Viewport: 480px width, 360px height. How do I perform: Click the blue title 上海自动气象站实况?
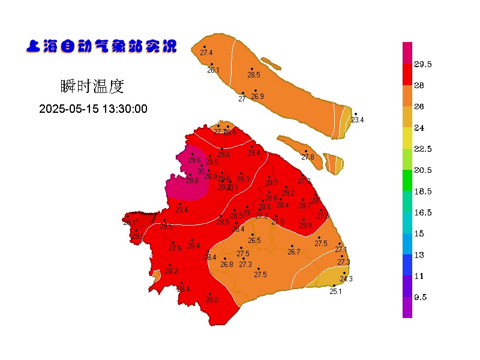[x=101, y=47]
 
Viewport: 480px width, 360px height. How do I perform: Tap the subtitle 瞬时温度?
[x=92, y=86]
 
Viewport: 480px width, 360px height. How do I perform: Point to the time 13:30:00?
[x=125, y=109]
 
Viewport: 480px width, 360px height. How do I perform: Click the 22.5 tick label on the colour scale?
[x=424, y=149]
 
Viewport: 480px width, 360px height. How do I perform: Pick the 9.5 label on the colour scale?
[x=420, y=297]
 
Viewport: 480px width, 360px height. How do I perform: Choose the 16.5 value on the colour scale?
[x=424, y=212]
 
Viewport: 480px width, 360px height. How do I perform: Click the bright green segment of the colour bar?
[x=407, y=180]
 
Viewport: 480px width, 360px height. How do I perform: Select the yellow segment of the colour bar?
[x=407, y=138]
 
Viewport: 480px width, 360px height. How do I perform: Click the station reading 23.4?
[x=357, y=120]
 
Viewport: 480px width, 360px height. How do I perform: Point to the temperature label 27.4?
[x=206, y=53]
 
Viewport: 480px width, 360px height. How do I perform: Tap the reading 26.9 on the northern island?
[x=257, y=97]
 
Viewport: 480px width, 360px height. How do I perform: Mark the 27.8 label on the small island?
[x=308, y=157]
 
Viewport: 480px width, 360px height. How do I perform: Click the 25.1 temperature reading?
[x=335, y=292]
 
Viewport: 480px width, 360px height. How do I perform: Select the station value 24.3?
[x=346, y=279]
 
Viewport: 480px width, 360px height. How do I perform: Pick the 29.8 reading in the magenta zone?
[x=192, y=181]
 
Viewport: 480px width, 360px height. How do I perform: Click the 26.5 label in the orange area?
[x=254, y=241]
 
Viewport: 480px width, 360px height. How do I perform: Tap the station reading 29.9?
[x=305, y=226]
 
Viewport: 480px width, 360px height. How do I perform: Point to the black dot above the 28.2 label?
[x=169, y=265]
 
